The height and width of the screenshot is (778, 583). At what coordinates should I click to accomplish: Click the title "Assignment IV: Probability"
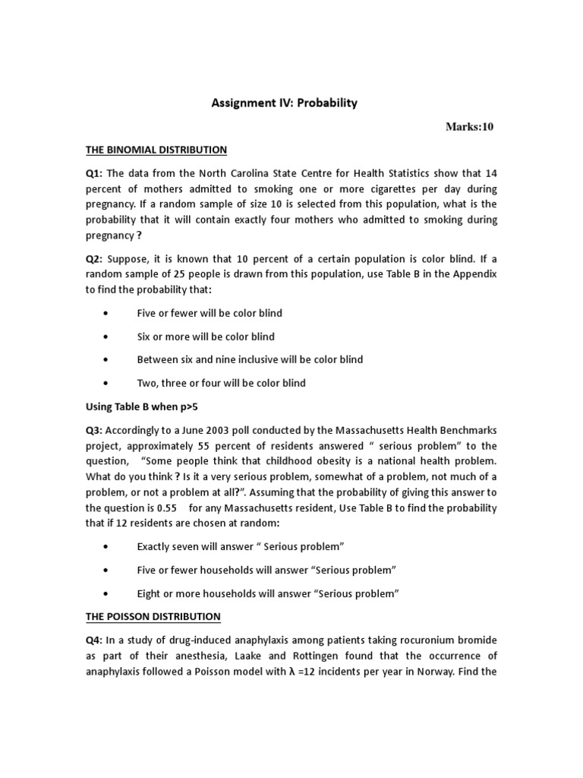point(284,103)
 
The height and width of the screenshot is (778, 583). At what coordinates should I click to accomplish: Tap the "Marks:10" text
point(469,127)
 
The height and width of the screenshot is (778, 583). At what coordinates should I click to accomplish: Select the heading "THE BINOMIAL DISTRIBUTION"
point(156,150)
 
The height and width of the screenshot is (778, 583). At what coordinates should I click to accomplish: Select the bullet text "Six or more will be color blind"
point(206,337)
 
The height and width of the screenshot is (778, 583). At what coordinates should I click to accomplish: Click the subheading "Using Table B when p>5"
point(141,407)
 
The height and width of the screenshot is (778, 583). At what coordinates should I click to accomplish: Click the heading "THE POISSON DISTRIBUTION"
point(153,616)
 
